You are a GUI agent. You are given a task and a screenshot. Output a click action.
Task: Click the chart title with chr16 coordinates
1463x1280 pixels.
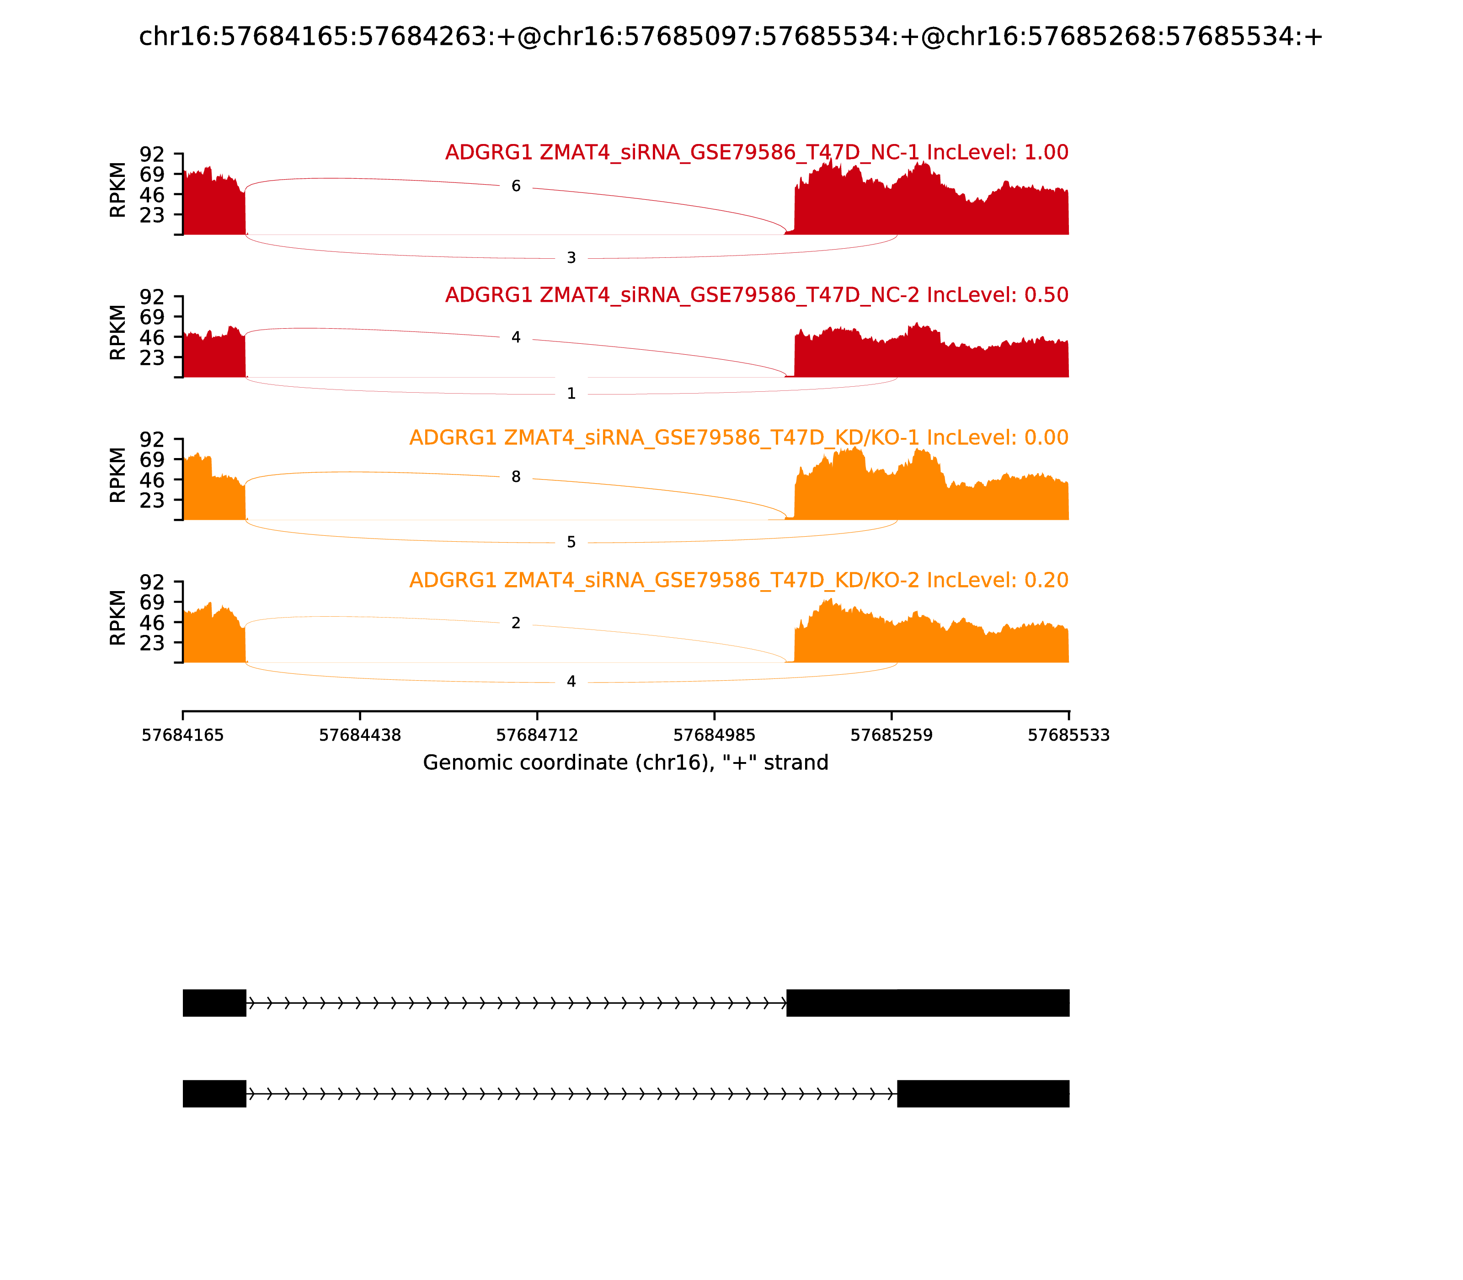731,37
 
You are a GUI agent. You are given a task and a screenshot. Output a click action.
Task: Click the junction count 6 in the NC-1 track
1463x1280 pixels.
516,187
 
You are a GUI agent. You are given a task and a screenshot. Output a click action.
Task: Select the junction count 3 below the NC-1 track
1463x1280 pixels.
571,258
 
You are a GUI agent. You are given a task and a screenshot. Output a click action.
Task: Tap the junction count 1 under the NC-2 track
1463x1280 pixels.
571,394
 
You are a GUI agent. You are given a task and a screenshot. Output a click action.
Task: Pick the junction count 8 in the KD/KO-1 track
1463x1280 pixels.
516,477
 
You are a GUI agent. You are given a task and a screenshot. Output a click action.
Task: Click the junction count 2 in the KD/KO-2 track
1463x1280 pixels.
516,623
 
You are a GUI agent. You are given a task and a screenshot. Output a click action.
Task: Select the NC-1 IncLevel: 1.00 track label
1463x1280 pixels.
757,152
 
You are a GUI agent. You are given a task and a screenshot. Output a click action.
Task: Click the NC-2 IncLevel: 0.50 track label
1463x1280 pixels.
757,295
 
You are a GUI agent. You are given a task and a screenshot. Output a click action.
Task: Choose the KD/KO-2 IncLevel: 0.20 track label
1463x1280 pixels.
739,580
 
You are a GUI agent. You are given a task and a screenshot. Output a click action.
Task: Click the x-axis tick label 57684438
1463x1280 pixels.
360,735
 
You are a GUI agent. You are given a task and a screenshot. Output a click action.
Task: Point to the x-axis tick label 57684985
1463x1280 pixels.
714,735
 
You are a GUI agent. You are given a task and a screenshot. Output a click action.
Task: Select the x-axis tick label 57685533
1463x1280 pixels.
1069,735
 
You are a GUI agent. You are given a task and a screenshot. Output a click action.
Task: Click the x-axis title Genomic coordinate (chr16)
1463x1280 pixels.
626,763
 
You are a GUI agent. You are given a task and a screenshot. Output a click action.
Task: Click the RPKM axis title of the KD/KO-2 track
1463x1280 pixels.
118,618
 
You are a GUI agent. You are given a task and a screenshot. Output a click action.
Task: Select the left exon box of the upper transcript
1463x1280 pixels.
214,1003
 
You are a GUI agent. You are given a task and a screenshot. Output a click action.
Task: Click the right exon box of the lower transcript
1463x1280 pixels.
983,1093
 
